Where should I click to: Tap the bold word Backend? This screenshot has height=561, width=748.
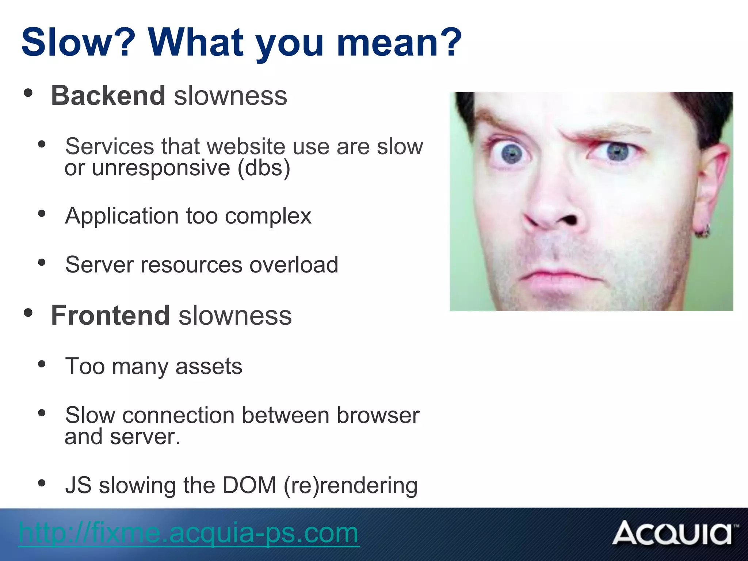(x=108, y=96)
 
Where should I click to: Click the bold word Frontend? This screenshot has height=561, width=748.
(x=110, y=316)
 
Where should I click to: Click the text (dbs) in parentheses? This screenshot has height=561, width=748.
(x=264, y=168)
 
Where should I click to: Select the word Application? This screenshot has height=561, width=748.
(x=122, y=216)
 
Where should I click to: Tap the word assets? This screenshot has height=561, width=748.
(x=209, y=366)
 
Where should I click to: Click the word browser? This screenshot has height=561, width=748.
(x=378, y=416)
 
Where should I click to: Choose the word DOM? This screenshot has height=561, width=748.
(x=249, y=485)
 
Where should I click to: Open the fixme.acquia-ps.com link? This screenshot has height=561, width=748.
(x=188, y=533)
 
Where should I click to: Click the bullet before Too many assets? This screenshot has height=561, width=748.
(x=42, y=364)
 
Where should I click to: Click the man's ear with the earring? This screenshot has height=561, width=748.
(x=710, y=190)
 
